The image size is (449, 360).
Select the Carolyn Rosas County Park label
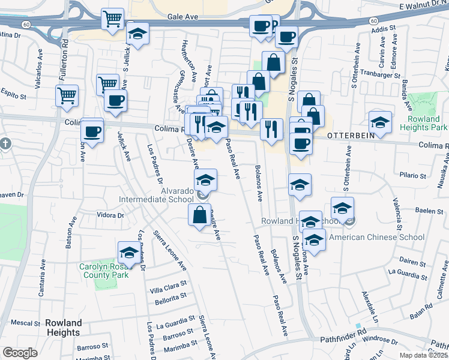click(104, 271)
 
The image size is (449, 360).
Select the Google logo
click(20, 353)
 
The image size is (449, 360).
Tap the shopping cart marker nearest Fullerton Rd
click(67, 95)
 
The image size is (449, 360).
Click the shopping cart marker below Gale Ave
click(112, 19)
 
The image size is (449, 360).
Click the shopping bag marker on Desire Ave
click(199, 214)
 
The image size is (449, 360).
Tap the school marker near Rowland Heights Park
click(379, 122)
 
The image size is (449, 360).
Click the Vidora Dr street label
click(109, 215)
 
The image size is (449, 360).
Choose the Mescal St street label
click(25, 323)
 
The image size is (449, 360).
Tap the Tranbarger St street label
click(384, 76)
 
